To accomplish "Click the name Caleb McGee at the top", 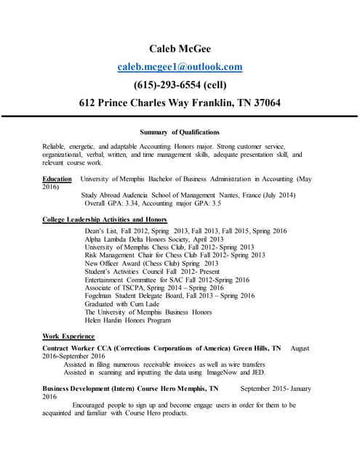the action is (180, 49).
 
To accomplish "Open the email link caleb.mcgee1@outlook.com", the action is (180, 67).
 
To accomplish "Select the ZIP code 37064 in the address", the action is (264, 102).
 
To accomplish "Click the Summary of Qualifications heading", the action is (180, 132).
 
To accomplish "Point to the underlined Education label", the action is (57, 179).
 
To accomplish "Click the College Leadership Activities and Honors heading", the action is (105, 219).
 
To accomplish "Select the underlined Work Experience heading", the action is (68, 336).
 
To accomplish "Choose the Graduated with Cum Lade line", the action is (121, 304).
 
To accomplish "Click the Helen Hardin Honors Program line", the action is (128, 320).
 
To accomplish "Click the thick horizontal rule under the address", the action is (180, 116).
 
